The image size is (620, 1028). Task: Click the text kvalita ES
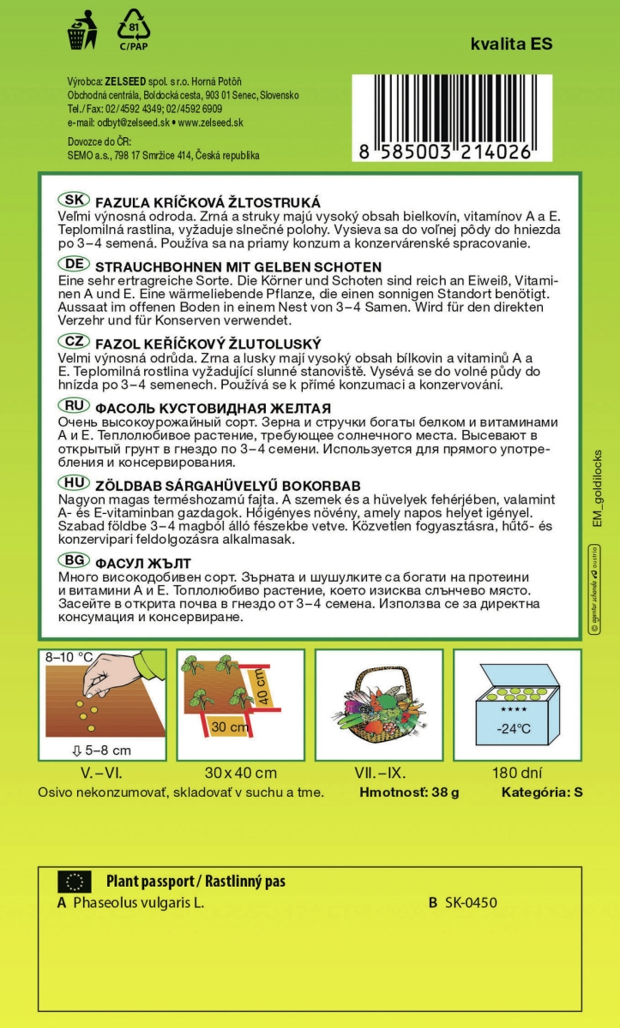[x=511, y=45]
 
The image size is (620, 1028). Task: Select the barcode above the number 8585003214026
[x=442, y=107]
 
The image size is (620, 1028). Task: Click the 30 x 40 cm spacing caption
[x=241, y=772]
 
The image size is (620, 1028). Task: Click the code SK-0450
[x=471, y=903]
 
